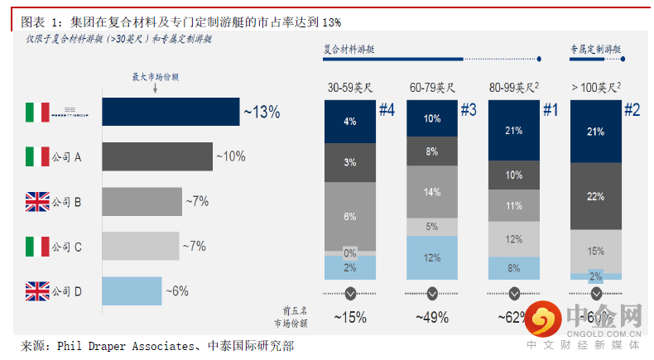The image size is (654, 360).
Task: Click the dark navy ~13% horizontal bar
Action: coord(171,111)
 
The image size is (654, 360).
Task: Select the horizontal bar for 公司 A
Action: coord(156,156)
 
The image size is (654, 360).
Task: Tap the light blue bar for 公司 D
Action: coord(132,290)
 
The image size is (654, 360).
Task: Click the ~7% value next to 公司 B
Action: coord(198,201)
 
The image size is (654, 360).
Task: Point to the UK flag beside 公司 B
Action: coord(37,201)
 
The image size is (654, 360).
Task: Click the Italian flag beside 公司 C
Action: coord(37,246)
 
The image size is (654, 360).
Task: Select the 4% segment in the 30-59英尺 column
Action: coord(350,122)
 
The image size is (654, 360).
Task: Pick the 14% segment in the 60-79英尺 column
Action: coord(431,192)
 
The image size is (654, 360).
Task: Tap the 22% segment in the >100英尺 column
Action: coord(594,195)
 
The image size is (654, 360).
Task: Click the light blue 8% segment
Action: coord(513,267)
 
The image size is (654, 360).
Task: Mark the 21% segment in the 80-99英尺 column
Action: coord(513,130)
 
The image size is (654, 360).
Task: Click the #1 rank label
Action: coord(551,108)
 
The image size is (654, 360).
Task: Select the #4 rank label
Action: coord(387,108)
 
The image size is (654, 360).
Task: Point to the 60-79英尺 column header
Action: coord(432,86)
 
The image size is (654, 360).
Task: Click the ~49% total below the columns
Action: coord(432,316)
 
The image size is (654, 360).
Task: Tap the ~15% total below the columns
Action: coord(350,316)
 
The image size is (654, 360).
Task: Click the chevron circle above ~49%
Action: coord(432,293)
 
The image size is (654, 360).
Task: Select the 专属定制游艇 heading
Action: coord(595,50)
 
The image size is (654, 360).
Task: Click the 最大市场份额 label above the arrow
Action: coord(156,76)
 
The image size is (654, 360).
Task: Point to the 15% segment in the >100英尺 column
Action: coord(594,250)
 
